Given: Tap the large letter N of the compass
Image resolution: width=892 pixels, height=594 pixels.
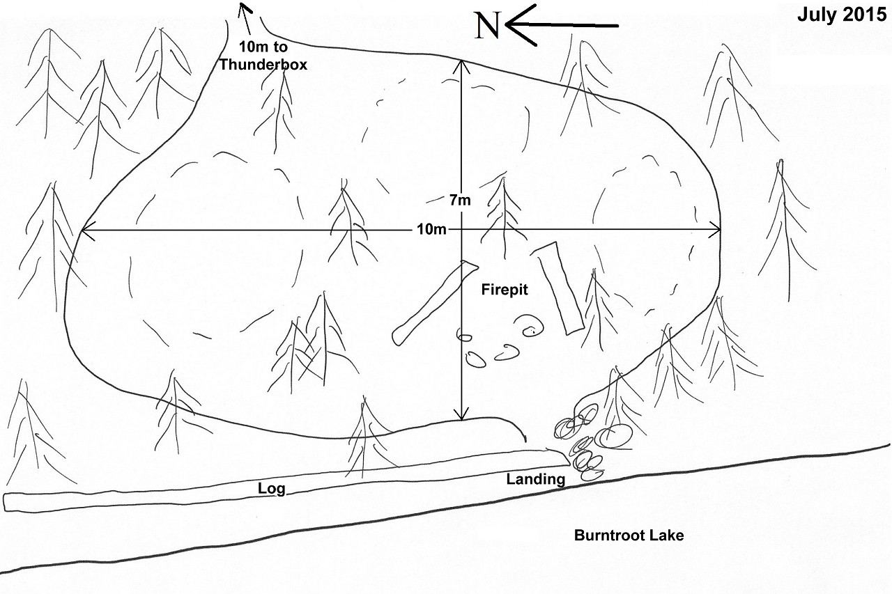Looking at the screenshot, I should (x=487, y=26).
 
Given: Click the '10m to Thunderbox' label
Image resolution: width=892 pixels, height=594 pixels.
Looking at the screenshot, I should (x=263, y=56).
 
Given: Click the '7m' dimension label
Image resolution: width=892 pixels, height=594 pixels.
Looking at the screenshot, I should (x=460, y=201).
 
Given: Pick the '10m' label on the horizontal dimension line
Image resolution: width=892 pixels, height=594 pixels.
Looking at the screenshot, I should (x=432, y=230).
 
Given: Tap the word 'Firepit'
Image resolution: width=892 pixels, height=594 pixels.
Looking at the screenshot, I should (x=505, y=290).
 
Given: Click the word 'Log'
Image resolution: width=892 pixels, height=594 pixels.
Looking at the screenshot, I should (x=271, y=489).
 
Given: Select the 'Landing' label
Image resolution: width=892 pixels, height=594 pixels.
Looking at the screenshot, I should (x=535, y=479).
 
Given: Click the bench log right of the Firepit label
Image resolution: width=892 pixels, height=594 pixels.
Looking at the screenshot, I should (x=560, y=287).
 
